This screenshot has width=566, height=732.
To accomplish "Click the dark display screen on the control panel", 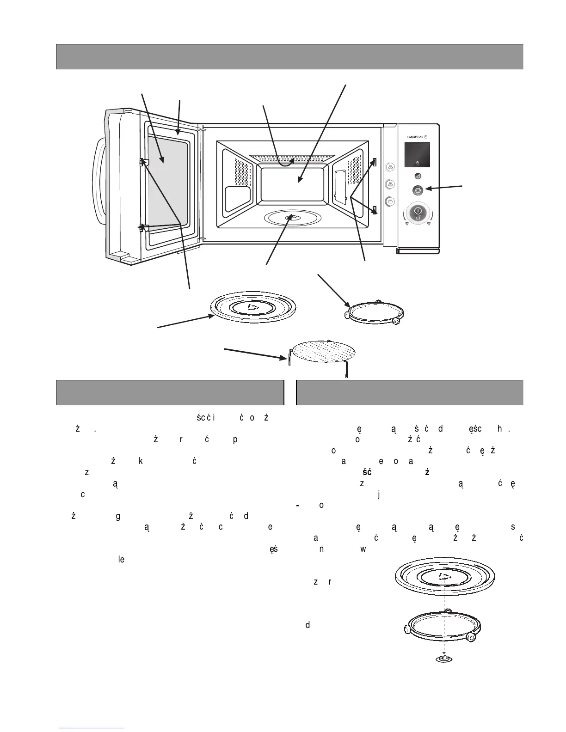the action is coord(417,154).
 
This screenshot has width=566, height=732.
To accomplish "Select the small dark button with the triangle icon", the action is coord(417,176).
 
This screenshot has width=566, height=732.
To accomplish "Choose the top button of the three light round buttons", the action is coord(390,167).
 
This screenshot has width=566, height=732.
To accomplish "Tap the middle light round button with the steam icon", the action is coord(390,184).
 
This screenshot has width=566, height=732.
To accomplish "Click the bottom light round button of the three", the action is coord(390,201).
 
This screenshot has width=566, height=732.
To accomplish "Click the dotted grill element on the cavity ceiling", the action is coord(291,158).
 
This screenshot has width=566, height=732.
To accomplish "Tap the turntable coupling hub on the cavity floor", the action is coord(291,218).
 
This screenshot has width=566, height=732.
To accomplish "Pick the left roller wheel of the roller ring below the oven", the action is coord(348,315).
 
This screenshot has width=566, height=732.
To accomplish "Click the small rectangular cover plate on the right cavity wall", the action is coord(340,186).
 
